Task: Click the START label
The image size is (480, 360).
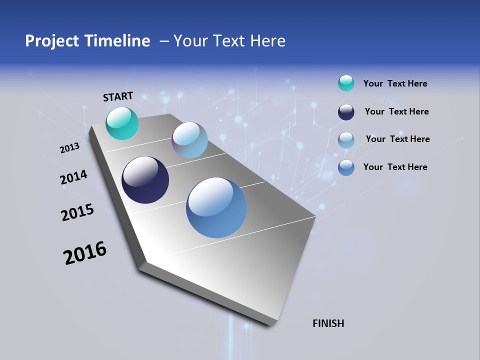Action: click(118, 96)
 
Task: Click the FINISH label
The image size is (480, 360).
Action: click(328, 323)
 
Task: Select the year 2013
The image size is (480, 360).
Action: click(69, 148)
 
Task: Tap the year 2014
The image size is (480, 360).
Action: click(73, 177)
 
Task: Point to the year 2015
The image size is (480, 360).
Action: click(77, 212)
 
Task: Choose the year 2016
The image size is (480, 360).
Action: click(85, 253)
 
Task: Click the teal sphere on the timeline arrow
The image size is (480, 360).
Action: click(122, 123)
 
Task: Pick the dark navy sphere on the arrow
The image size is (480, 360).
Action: click(145, 180)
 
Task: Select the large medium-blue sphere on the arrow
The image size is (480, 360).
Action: click(216, 207)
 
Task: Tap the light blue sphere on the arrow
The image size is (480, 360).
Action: click(189, 140)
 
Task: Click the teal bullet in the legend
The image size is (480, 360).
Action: click(346, 83)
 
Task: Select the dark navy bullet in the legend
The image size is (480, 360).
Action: click(346, 112)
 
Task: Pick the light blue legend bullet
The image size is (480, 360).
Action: click(346, 139)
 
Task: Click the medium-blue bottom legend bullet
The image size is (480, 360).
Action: click(346, 167)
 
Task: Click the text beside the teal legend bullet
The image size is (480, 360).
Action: click(395, 83)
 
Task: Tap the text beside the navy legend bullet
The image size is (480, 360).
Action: click(396, 111)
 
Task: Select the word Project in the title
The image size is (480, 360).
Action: click(52, 41)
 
